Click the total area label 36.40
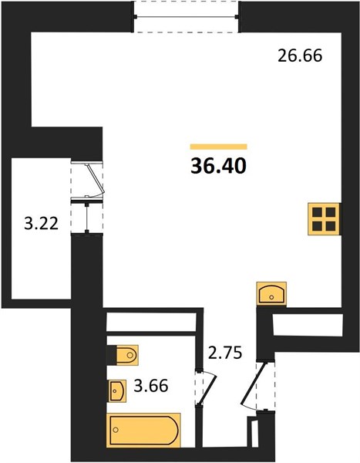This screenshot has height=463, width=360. coord(218,166)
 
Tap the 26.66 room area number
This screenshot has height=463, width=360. coord(300,56)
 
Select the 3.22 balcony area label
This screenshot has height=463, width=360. coord(42,224)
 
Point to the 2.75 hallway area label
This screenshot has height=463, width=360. coord(225,353)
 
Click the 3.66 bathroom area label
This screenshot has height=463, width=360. coord(151,386)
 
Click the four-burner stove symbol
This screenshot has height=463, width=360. coord(324,219)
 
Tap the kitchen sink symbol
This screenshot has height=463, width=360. coord(271,294)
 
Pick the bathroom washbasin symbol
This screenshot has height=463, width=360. coord(117,390)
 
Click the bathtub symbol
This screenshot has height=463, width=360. coord(143,430)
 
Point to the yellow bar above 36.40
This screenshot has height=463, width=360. coord(218,147)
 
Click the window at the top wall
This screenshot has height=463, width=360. coord(187,17)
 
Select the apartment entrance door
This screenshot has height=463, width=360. coord(254,384)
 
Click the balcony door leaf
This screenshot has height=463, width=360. coord(94,179)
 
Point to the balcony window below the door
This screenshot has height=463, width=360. coord(87,216)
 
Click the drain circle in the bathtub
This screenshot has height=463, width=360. coord(116,430)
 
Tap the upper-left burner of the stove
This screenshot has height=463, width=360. coord(317,212)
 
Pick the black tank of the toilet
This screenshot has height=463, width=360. coord(112,355)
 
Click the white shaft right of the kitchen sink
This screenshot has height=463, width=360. coord(308,325)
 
